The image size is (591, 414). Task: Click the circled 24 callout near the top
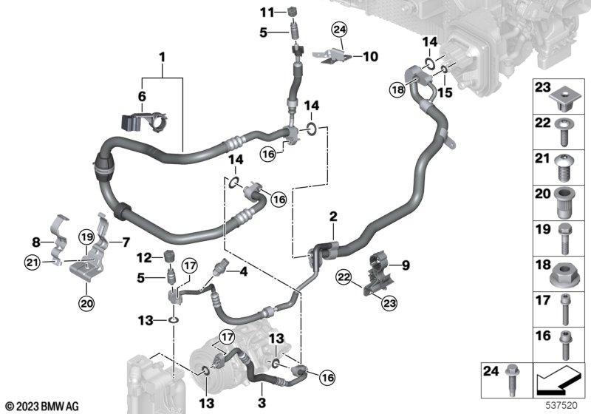pyautogui.click(x=339, y=29)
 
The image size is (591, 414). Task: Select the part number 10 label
pyautogui.click(x=370, y=57)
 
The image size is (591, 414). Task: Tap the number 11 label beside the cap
pyautogui.click(x=267, y=13)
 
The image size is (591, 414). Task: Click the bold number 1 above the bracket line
pyautogui.click(x=162, y=58)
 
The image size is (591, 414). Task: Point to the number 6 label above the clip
pyautogui.click(x=142, y=97)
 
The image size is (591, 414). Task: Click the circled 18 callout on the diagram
pyautogui.click(x=397, y=89)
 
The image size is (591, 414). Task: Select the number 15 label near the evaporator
pyautogui.click(x=445, y=92)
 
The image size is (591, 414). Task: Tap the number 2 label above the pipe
pyautogui.click(x=333, y=217)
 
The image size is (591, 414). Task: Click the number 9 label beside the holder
pyautogui.click(x=406, y=265)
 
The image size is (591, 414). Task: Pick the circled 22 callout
pyautogui.click(x=344, y=278)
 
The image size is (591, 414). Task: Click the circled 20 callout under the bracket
pyautogui.click(x=86, y=303)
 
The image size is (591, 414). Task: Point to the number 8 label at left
pyautogui.click(x=35, y=242)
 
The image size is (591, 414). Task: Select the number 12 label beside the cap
pyautogui.click(x=144, y=258)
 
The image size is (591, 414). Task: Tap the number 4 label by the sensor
pyautogui.click(x=244, y=271)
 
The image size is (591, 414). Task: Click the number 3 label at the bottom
pyautogui.click(x=262, y=403)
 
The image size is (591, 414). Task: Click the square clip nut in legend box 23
pyautogui.click(x=562, y=100)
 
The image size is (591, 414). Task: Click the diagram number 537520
pyautogui.click(x=561, y=405)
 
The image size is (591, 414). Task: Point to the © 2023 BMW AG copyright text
pyautogui.click(x=41, y=407)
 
